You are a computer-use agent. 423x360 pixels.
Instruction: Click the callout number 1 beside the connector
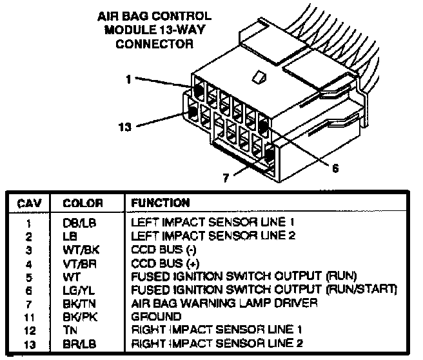click(x=128, y=79)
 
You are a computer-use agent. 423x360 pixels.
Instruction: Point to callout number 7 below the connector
click(x=225, y=178)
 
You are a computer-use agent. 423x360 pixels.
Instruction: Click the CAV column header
click(x=28, y=203)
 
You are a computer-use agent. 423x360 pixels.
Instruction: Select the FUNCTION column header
click(x=160, y=203)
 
